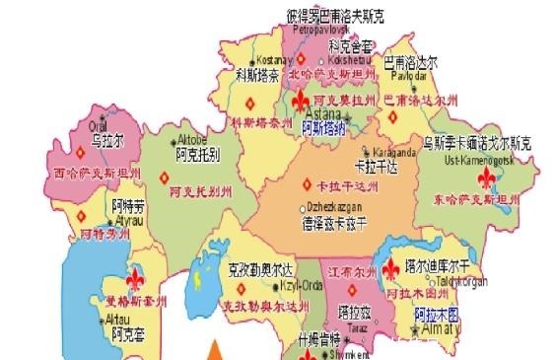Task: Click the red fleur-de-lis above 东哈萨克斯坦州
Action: (487, 178)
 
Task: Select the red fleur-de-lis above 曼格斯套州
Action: (134, 277)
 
